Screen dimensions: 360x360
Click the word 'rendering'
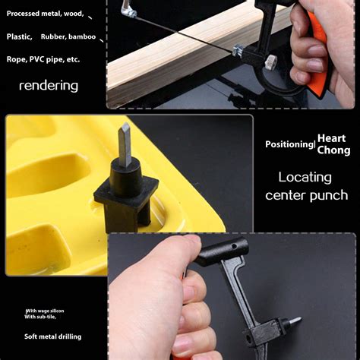click(48, 86)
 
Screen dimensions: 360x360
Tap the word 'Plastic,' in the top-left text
click(19, 36)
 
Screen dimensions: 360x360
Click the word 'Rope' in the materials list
click(15, 58)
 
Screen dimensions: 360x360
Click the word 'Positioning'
click(289, 144)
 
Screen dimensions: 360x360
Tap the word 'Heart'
click(331, 138)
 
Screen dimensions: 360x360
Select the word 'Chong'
click(333, 150)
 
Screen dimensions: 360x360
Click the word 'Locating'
click(305, 177)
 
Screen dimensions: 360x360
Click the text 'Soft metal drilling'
click(52, 336)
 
